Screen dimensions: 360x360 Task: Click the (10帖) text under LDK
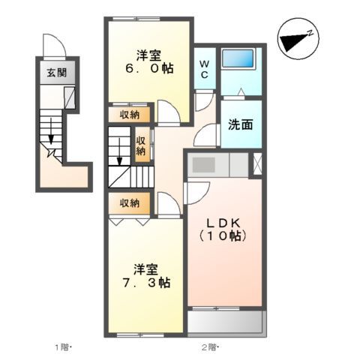pyautogui.click(x=223, y=235)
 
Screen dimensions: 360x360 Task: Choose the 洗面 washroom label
pyautogui.click(x=240, y=125)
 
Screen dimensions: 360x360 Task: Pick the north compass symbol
pyautogui.click(x=298, y=38)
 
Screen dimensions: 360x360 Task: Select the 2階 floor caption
pyautogui.click(x=208, y=346)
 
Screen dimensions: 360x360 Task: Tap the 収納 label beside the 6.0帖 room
pyautogui.click(x=129, y=115)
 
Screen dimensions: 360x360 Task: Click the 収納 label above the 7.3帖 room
pyautogui.click(x=129, y=202)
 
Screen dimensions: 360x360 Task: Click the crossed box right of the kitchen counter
pyautogui.click(x=256, y=163)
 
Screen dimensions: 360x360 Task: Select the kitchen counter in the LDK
pyautogui.click(x=214, y=164)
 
